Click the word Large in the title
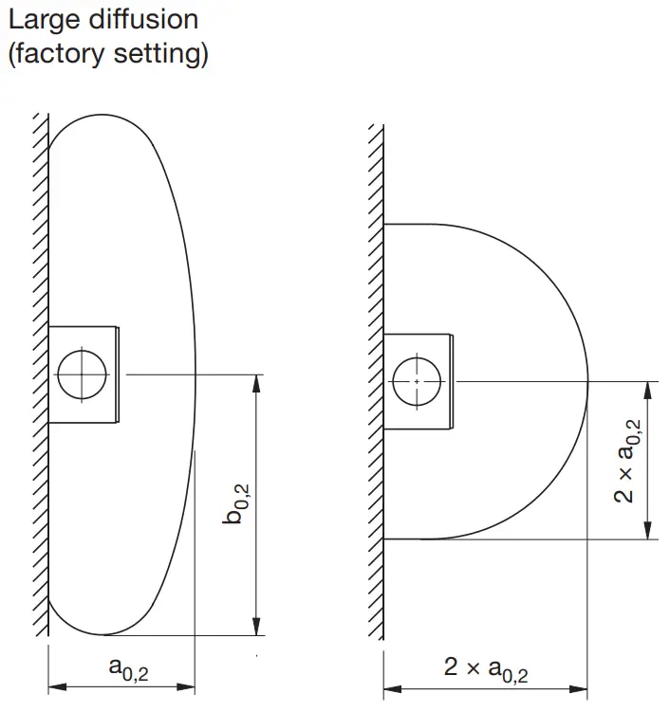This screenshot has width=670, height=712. (x=39, y=20)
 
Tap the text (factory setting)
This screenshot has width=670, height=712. (x=107, y=54)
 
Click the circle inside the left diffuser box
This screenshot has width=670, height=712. (x=82, y=374)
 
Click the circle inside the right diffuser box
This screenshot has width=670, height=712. (x=417, y=380)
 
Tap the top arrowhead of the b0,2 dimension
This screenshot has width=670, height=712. (x=256, y=381)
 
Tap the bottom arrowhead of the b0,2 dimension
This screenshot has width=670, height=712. (x=256, y=628)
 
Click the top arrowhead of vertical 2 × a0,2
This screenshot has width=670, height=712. (x=648, y=388)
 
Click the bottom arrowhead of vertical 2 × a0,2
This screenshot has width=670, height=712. (x=648, y=532)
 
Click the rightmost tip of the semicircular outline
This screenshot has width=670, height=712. (x=588, y=381)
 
